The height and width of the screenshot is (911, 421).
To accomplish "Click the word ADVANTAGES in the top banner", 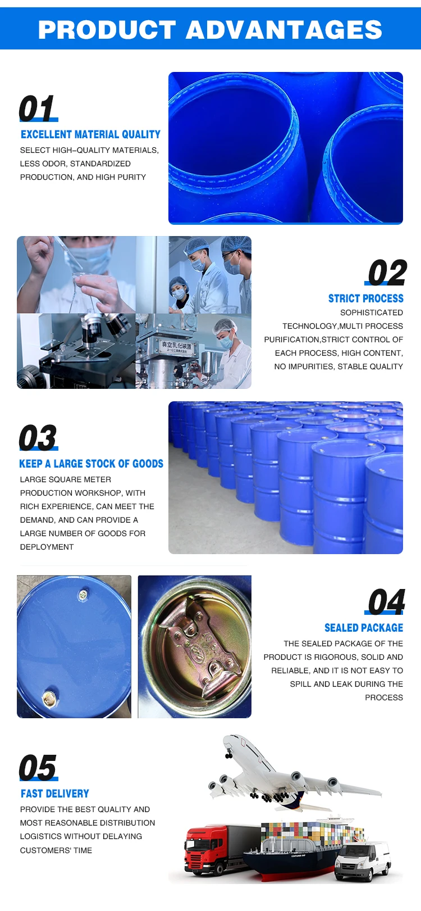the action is tap(284, 30).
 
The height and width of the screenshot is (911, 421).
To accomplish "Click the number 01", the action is tap(36, 108).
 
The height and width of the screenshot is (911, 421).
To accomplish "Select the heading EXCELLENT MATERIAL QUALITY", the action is tap(90, 135).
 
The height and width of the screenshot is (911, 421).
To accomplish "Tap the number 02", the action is tap(387, 273).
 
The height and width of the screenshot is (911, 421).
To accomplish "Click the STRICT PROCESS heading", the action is tap(366, 298).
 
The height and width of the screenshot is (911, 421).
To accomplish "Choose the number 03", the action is tap(38, 438).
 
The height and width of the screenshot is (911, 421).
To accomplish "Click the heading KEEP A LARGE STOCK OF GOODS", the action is tap(91, 464).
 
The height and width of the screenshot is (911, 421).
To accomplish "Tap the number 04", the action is tap(386, 602).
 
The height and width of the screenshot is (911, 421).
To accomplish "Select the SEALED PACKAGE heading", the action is tap(364, 628).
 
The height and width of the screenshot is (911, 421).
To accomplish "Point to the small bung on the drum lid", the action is tap(83, 595).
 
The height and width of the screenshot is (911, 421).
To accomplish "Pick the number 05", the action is tap(38, 768).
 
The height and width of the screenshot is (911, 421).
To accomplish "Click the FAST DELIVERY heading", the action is tap(55, 794).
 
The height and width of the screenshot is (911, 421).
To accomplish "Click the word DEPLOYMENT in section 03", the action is tap(47, 547).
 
